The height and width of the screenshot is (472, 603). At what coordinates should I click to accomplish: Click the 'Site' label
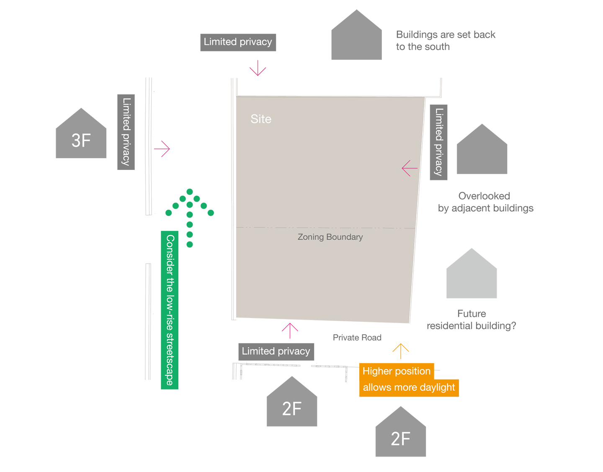[x=261, y=119]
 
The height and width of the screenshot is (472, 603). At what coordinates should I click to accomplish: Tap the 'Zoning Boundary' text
[x=330, y=237]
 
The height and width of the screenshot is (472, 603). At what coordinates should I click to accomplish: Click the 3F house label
[x=81, y=141]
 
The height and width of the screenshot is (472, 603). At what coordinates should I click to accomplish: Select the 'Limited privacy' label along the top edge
[x=238, y=42]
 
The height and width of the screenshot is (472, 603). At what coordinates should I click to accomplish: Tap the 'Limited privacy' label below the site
[x=276, y=351]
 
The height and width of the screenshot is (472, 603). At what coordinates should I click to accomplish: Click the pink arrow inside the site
[x=410, y=168]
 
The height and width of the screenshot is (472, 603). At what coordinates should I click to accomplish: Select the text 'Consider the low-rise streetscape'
[x=170, y=310]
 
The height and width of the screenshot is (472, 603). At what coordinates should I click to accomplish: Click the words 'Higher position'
[x=396, y=371]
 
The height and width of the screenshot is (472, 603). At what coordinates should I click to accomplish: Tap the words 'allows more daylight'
[x=409, y=387]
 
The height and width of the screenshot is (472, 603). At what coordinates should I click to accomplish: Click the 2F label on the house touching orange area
[x=400, y=439]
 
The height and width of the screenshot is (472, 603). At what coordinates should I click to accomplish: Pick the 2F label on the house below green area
[x=291, y=409]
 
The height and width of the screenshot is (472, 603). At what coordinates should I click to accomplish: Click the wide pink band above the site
[x=348, y=80]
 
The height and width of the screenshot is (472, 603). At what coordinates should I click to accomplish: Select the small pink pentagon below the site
[x=293, y=333]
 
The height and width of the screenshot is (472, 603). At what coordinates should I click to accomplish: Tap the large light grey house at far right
[x=523, y=280]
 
